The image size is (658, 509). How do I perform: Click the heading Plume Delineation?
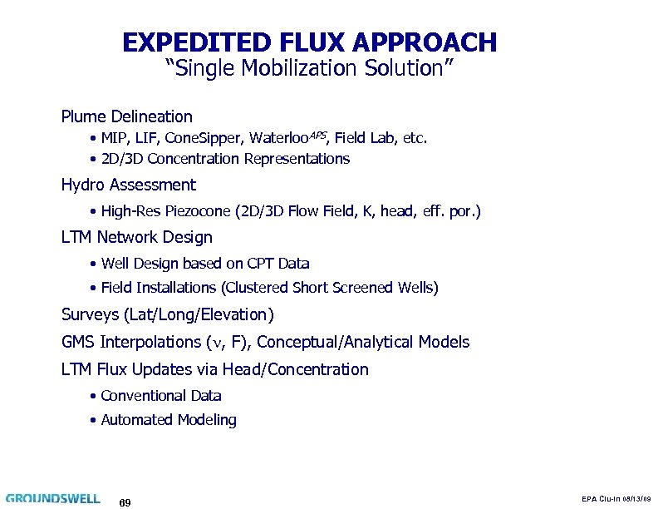click(126, 116)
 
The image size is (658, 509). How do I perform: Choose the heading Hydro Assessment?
click(128, 185)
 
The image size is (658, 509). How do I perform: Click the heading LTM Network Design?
click(136, 238)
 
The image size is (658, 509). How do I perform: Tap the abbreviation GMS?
click(78, 342)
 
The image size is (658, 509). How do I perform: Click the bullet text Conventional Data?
click(160, 396)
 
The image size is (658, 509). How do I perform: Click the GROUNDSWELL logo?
click(52, 497)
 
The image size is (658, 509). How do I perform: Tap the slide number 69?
click(125, 502)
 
